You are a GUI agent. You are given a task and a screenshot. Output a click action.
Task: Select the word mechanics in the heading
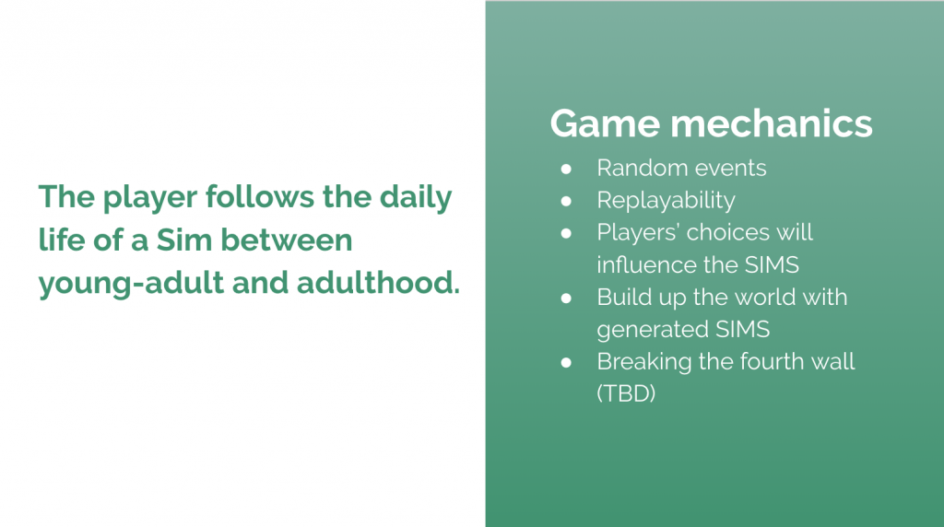772,123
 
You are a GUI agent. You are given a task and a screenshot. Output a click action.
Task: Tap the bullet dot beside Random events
566,169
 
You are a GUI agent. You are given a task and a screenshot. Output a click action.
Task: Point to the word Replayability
666,201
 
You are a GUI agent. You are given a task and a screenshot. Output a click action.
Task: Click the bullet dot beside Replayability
566,201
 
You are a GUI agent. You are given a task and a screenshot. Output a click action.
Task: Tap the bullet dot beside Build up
566,298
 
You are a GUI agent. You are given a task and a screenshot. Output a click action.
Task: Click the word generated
652,330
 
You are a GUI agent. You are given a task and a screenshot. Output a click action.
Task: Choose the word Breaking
644,362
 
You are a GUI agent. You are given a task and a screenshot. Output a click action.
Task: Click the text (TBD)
626,394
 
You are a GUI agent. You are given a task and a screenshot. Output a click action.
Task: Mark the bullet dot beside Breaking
566,362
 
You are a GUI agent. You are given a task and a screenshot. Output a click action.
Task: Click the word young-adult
131,284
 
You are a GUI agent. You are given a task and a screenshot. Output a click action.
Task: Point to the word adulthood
378,283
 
